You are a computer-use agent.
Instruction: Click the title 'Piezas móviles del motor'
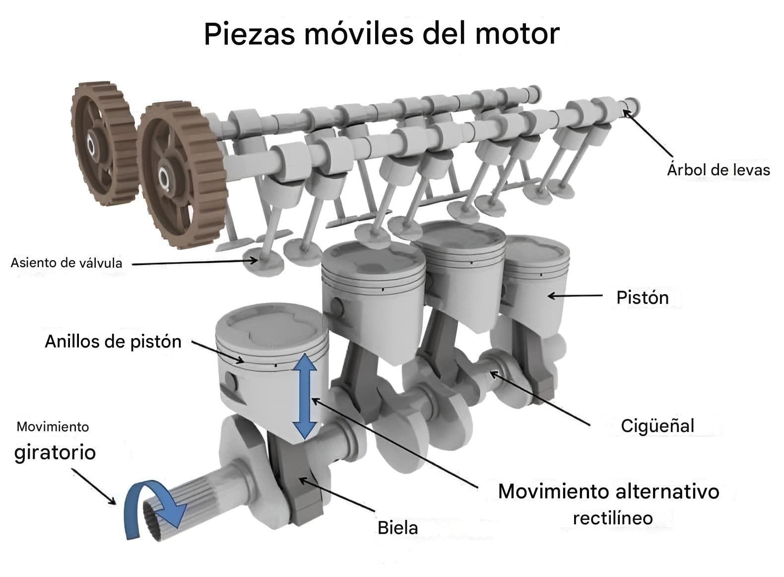coord(382,34)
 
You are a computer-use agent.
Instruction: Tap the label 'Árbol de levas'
coord(719,170)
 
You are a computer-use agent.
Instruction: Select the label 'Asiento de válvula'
coord(66,263)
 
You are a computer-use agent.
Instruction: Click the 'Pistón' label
coord(643,298)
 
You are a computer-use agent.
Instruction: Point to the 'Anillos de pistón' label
coord(113,342)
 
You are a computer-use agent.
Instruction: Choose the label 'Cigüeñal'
coord(657,426)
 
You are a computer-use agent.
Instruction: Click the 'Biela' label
coord(397,528)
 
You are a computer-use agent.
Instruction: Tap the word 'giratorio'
coord(55,453)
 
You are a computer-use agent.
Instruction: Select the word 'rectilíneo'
coord(613,518)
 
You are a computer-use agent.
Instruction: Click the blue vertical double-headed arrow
coord(305,396)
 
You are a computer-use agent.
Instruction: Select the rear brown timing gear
coord(104,144)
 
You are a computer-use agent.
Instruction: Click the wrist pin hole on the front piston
coord(231,381)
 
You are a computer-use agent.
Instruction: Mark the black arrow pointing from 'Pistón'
coord(575,296)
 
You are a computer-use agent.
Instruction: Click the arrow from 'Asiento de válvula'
coord(195,262)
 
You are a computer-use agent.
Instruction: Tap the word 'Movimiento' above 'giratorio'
coord(53,427)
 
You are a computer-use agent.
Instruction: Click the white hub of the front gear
coord(163,177)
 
